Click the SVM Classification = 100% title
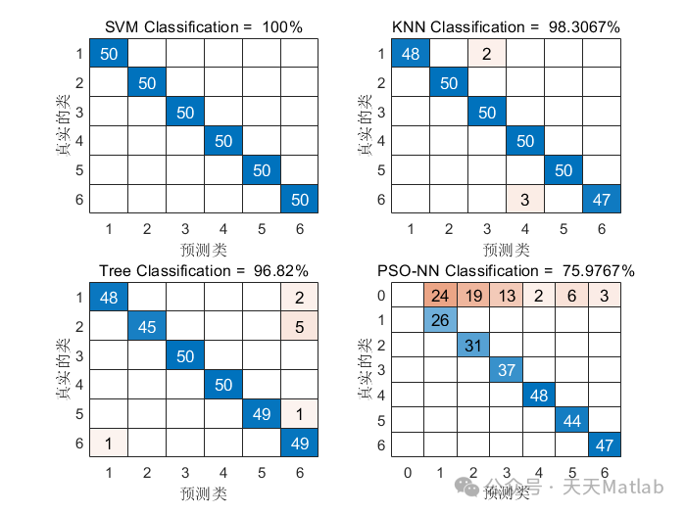(x=205, y=26)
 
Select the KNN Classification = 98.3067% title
(x=506, y=26)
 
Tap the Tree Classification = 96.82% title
(x=204, y=270)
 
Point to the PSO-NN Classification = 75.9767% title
(x=506, y=270)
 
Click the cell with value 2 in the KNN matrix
(x=486, y=53)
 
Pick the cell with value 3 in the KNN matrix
(x=524, y=201)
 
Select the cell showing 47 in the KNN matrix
(x=600, y=201)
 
